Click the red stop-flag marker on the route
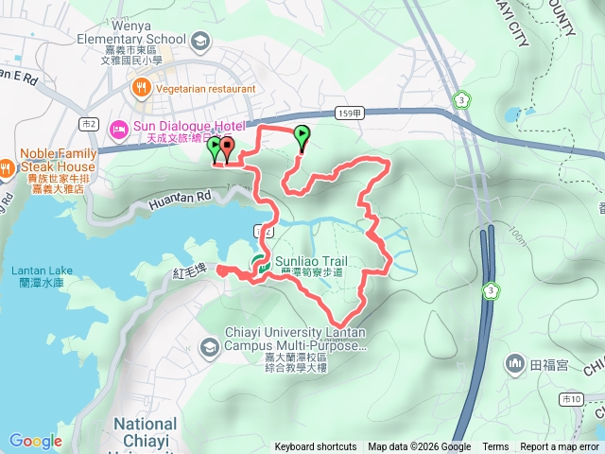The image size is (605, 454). click(228, 148)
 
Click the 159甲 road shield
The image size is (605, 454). click(348, 113)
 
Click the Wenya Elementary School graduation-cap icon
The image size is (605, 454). click(199, 42)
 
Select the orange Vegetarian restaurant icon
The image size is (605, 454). click(142, 88)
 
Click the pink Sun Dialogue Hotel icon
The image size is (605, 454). click(120, 127)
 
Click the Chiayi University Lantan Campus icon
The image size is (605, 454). click(207, 349)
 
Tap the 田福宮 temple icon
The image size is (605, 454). click(515, 362)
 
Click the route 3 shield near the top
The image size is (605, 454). click(460, 98)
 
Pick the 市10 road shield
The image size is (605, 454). click(572, 400)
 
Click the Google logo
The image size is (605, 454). click(35, 441)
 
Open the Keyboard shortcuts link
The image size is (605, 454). click(316, 447)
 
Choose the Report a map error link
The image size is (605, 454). click(560, 447)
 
